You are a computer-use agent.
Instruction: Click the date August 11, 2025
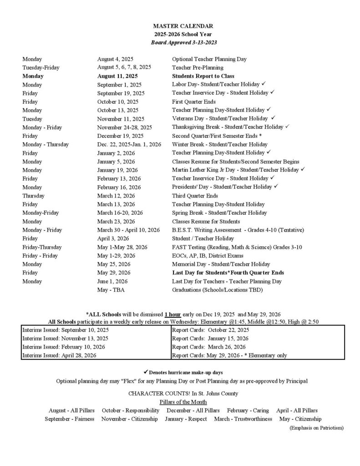tap(117, 76)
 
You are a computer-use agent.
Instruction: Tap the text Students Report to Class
tap(203, 76)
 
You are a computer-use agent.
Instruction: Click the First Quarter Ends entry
tap(194, 101)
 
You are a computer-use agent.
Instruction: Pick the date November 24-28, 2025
tap(125, 127)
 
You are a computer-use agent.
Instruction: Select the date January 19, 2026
tap(117, 170)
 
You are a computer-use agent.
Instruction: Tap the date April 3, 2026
tap(113, 238)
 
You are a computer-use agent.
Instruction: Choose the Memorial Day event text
tap(221, 264)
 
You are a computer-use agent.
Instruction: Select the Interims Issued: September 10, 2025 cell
tap(66, 330)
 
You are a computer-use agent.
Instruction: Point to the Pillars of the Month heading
tap(183, 402)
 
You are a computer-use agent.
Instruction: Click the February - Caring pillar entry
tap(248, 410)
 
